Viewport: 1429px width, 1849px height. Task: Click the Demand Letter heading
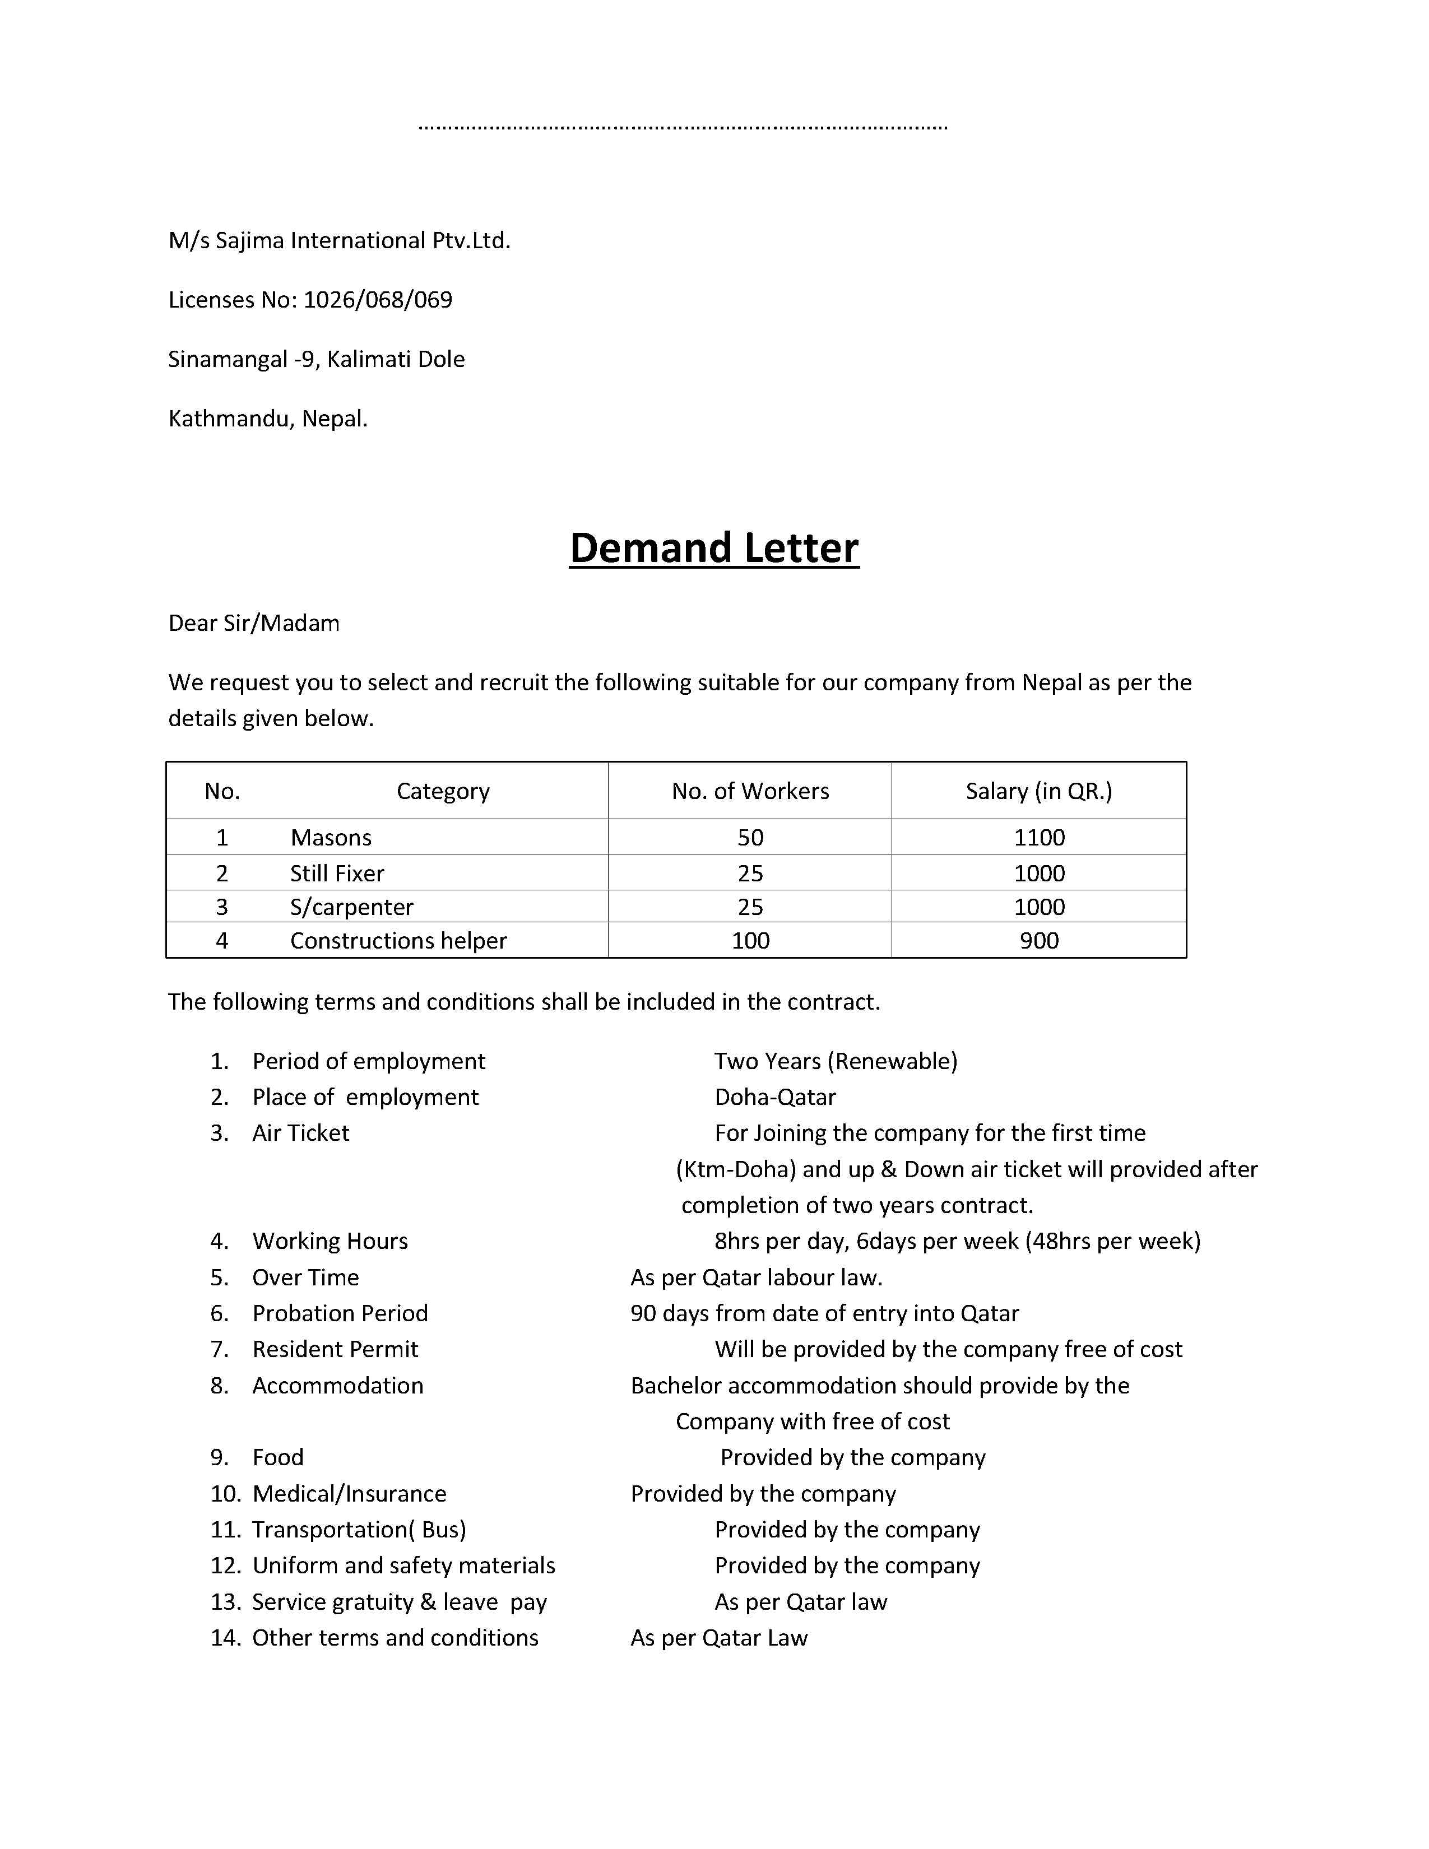point(713,549)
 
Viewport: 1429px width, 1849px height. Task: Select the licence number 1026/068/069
point(378,300)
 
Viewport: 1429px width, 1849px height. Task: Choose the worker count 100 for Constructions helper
point(750,941)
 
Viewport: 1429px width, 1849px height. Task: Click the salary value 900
point(1039,941)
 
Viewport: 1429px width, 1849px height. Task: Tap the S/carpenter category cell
point(351,907)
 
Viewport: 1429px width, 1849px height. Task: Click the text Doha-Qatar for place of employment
point(774,1097)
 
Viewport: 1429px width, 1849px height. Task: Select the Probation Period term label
point(340,1313)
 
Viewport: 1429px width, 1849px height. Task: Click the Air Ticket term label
point(300,1133)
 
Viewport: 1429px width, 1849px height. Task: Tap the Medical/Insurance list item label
point(349,1493)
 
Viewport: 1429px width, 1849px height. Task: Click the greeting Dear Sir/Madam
point(254,623)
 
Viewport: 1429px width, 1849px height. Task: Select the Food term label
point(277,1457)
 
